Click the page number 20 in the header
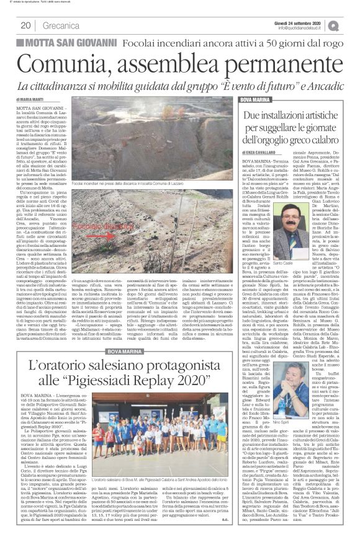coord(25,25)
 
